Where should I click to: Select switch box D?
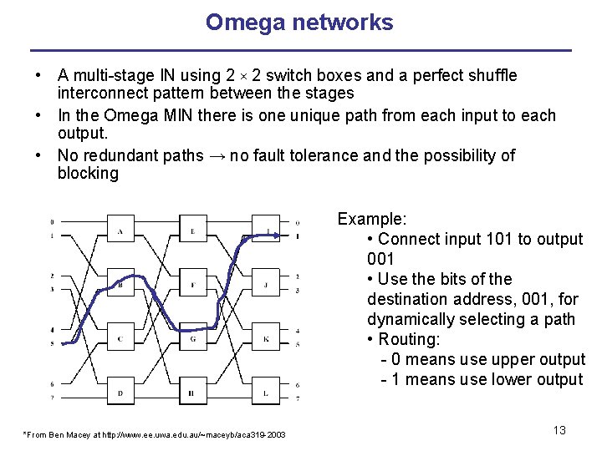(x=120, y=393)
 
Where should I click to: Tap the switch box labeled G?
(x=193, y=338)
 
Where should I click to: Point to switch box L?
(x=265, y=393)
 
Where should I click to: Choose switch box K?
(x=265, y=338)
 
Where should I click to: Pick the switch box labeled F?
(x=193, y=284)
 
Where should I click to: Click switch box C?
(x=120, y=338)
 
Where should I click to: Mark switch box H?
(x=193, y=393)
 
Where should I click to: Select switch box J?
(x=265, y=284)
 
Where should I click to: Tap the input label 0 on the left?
(x=52, y=222)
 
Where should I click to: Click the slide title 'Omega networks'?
(x=299, y=23)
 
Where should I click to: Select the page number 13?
(x=559, y=430)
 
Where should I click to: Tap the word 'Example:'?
(x=372, y=219)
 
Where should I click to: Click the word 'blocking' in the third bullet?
(x=88, y=174)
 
